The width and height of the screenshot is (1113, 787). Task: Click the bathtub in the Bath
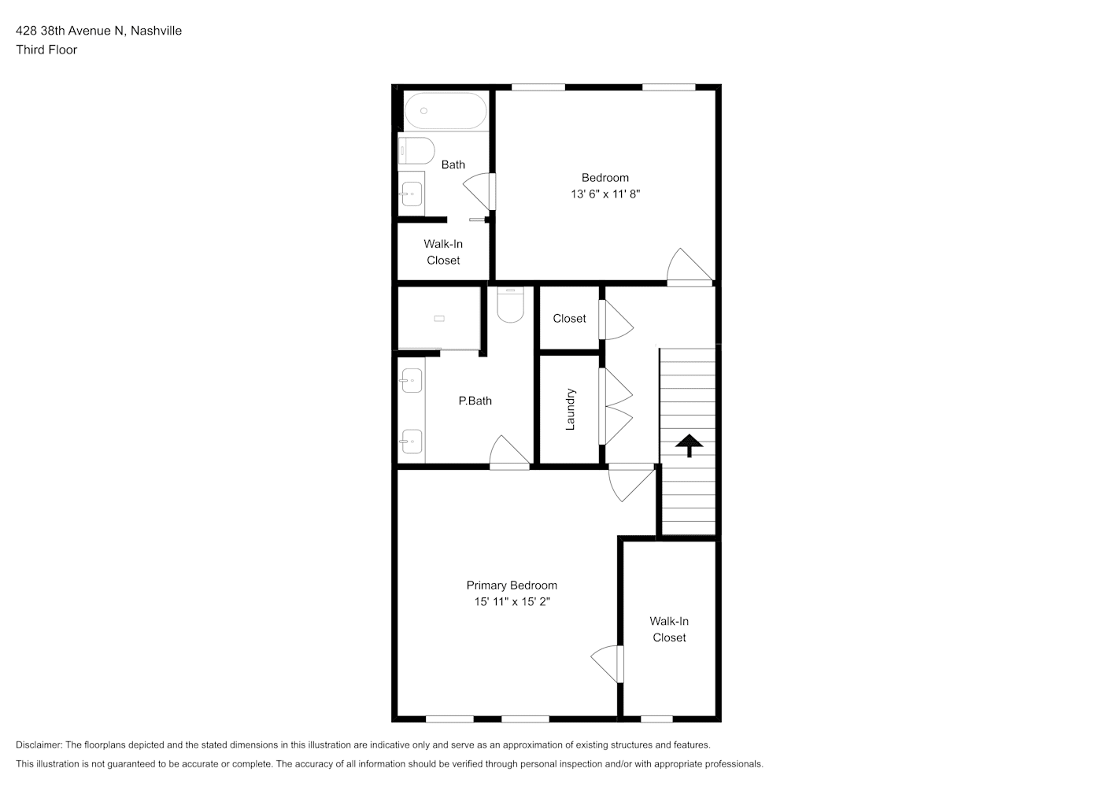pos(446,110)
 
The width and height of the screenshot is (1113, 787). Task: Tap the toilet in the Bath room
pos(416,150)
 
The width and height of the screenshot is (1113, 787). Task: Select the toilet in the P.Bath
pos(510,305)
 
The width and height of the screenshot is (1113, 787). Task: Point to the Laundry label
pos(571,409)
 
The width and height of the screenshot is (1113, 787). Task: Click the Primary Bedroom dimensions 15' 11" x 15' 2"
pos(512,602)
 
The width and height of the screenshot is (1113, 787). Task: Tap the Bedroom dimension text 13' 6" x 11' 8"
pos(605,194)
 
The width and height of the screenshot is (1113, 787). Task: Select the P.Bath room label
pos(475,401)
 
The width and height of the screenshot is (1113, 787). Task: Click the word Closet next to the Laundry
pos(569,319)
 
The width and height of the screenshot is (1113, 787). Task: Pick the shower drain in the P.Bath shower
pos(439,319)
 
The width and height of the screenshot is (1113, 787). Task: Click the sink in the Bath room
pos(412,194)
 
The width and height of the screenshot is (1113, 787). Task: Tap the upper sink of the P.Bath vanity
pos(412,381)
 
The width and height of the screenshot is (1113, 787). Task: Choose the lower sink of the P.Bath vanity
pos(412,442)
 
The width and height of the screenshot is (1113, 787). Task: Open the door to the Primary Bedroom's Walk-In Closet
pos(607,664)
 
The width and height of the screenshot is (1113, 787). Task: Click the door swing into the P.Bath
pos(509,453)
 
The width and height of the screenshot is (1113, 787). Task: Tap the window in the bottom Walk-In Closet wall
pos(656,719)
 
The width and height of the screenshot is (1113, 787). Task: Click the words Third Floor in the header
pos(46,50)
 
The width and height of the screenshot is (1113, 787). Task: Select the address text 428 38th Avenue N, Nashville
pos(99,31)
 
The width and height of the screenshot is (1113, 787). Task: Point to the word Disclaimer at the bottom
pos(39,745)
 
